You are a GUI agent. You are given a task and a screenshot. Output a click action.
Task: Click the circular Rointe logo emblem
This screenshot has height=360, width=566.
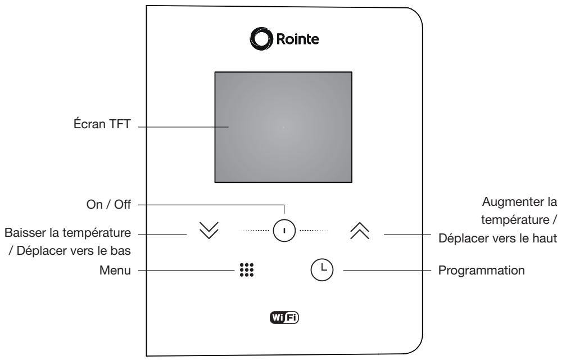[261, 38]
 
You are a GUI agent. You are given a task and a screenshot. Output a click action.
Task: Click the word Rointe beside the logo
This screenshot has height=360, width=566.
[297, 39]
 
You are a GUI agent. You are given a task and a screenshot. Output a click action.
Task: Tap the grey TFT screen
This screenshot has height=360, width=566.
[283, 127]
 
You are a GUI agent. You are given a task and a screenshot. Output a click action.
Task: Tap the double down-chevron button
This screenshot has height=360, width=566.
[209, 231]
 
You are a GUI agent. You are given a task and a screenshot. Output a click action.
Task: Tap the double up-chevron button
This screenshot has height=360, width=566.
[360, 231]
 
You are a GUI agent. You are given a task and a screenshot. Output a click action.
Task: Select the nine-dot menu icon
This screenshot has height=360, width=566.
[247, 270]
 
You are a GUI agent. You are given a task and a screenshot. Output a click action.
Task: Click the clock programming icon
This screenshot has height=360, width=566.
[322, 270]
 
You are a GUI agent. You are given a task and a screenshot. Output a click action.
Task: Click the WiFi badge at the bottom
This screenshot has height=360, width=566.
[284, 317]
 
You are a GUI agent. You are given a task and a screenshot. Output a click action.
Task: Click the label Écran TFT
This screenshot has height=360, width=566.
[102, 124]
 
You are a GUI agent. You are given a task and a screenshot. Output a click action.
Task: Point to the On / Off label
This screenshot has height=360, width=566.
[108, 204]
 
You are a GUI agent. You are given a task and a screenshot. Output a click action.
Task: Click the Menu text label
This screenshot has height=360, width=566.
[115, 270]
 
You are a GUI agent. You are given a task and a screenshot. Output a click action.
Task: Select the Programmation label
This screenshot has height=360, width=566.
[482, 270]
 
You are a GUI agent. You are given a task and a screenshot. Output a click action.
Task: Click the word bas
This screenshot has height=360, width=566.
[121, 250]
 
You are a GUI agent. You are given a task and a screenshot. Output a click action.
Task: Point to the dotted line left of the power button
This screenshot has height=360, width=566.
[255, 231]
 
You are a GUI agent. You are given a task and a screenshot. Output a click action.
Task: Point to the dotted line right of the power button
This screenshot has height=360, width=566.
[314, 231]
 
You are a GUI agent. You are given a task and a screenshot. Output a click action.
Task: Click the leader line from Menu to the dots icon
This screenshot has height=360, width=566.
[186, 270]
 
